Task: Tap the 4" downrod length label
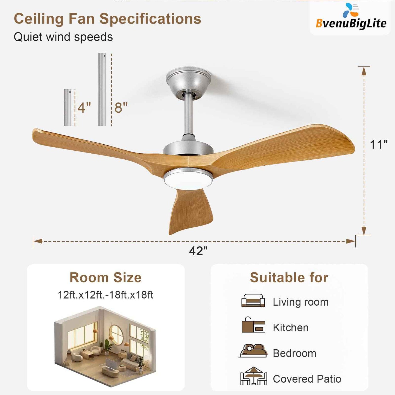pyautogui.click(x=84, y=107)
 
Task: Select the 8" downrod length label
pyautogui.click(x=121, y=107)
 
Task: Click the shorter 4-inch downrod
pyautogui.click(x=68, y=107)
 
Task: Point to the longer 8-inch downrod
pyautogui.click(x=102, y=89)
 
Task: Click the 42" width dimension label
pyautogui.click(x=198, y=251)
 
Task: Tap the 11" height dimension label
pyautogui.click(x=379, y=145)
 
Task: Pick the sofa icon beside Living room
pyautogui.click(x=253, y=301)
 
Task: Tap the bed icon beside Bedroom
pyautogui.click(x=253, y=351)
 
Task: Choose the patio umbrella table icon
pyautogui.click(x=253, y=376)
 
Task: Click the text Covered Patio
pyautogui.click(x=307, y=379)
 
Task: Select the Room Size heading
pyautogui.click(x=106, y=277)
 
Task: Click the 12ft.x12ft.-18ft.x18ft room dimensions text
pyautogui.click(x=106, y=295)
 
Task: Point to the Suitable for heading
pyautogui.click(x=289, y=277)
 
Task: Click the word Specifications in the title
pyautogui.click(x=150, y=19)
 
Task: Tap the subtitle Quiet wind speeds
pyautogui.click(x=63, y=37)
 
